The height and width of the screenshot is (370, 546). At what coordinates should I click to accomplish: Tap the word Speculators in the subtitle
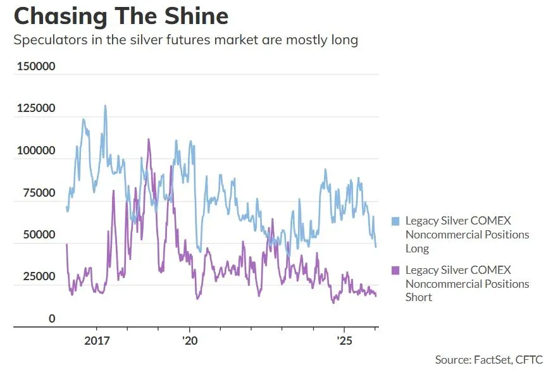tap(49, 40)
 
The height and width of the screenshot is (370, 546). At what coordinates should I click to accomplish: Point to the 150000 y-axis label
tap(36, 67)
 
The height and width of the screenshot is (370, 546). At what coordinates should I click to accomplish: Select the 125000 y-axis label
tap(36, 109)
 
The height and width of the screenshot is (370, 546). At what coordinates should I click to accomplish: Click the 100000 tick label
tap(36, 151)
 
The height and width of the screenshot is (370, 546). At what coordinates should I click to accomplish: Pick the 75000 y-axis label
tap(39, 193)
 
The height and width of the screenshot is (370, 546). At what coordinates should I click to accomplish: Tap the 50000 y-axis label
tap(39, 235)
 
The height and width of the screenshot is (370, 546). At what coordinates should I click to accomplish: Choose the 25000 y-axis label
tap(39, 277)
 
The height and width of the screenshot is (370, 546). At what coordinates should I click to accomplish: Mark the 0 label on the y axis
tap(53, 319)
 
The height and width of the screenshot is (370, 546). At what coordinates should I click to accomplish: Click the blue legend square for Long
tap(396, 221)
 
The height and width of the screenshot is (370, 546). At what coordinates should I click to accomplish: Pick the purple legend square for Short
tap(396, 270)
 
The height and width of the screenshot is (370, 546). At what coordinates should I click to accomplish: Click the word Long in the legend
tap(417, 249)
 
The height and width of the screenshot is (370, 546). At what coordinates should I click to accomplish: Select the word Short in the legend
tap(419, 297)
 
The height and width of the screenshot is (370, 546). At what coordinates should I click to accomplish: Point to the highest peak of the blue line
tap(105, 106)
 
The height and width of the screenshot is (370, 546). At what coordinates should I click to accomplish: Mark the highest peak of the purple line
tap(149, 139)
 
